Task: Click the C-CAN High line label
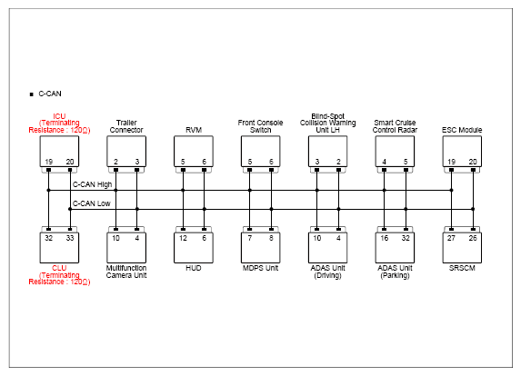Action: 92,184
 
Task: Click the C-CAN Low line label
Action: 91,203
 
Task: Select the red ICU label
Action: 59,116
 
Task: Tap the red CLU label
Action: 59,268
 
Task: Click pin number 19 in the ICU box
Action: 48,162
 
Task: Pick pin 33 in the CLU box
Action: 70,238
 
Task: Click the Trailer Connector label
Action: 126,126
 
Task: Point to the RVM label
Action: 194,130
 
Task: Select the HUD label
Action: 194,268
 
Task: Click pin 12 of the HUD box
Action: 183,238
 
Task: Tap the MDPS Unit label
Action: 260,268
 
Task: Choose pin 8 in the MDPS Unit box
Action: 271,238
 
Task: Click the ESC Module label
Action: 462,130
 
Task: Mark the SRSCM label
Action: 462,268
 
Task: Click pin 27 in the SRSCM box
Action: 451,238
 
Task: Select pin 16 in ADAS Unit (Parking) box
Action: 384,238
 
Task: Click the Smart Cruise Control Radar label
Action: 395,126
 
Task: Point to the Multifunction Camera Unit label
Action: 126,272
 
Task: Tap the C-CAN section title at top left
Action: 50,94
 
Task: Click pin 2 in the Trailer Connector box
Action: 115,162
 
